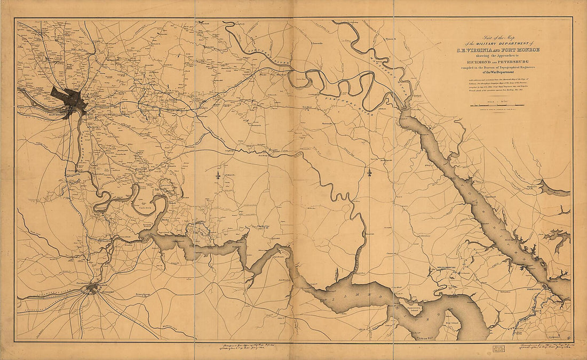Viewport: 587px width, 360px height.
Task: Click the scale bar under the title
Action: pos(496,105)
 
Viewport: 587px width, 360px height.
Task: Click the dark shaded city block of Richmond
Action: pos(67,98)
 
